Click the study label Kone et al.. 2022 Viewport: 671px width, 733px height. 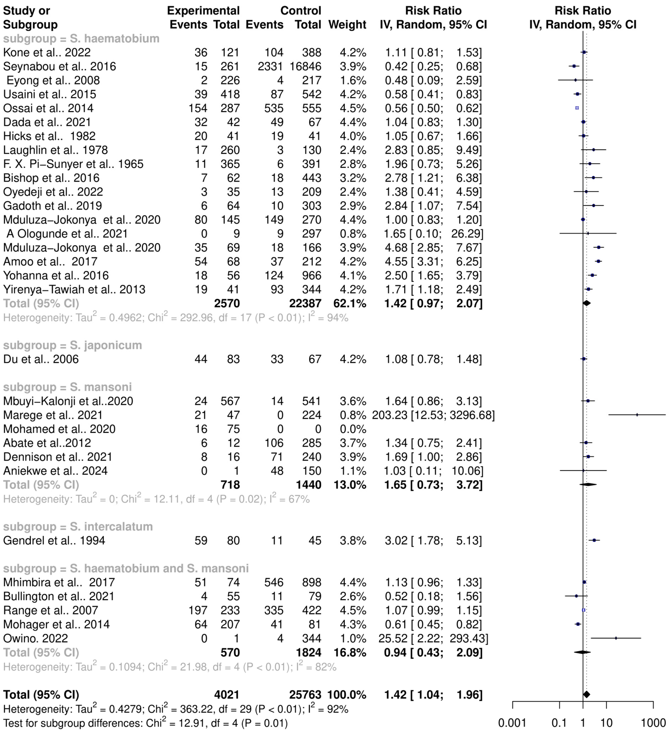tap(47, 52)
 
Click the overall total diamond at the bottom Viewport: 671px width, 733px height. tap(586, 694)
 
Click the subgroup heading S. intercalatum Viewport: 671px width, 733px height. tap(78, 527)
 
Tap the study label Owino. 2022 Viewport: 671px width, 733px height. tap(36, 638)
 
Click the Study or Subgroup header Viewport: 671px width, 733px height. tap(30, 17)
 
